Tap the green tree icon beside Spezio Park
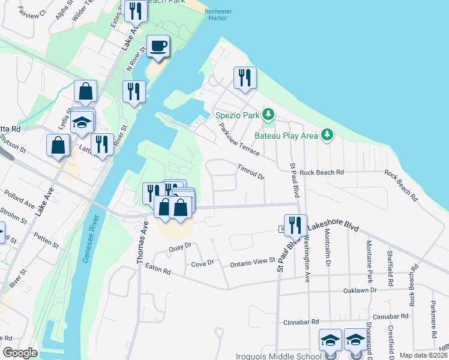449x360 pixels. pyautogui.click(x=269, y=113)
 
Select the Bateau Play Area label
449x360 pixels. pyautogui.click(x=286, y=136)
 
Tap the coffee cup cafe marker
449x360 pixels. pyautogui.click(x=158, y=46)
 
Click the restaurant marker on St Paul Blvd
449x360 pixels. pyautogui.click(x=295, y=226)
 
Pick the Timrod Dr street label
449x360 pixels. pyautogui.click(x=250, y=172)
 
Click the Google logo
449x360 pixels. pyautogui.click(x=20, y=353)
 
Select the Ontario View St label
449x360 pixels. pyautogui.click(x=252, y=263)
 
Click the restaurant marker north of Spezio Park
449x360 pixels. pyautogui.click(x=245, y=78)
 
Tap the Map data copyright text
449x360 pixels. pyautogui.click(x=423, y=355)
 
